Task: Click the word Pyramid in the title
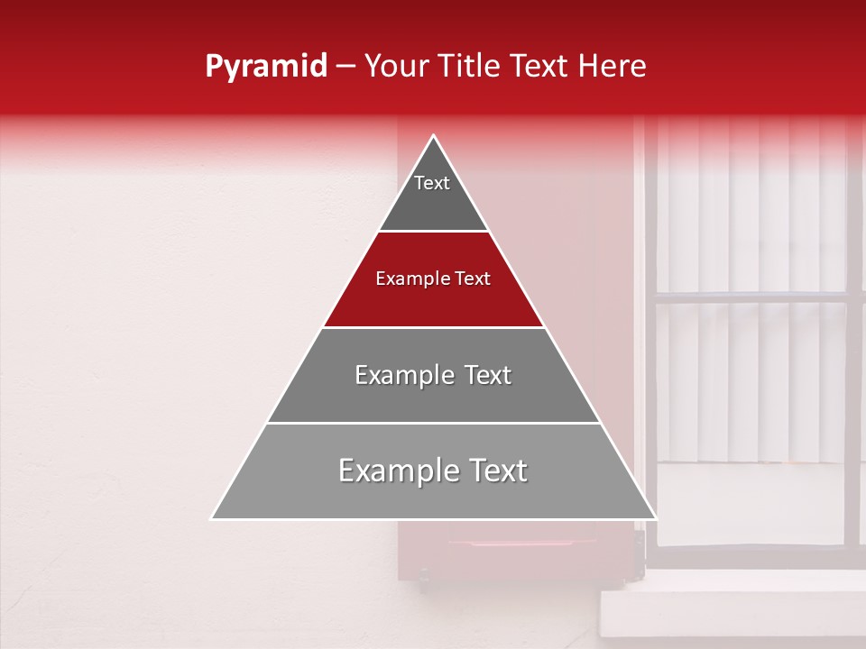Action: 265,67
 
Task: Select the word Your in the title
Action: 394,67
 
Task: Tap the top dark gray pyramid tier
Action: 433,203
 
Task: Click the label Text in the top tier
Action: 432,183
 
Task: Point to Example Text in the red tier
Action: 433,279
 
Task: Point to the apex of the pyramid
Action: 434,137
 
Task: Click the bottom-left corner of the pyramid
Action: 213,518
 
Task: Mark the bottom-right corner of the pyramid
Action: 655,518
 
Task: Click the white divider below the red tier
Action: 433,327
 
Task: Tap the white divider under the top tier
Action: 433,232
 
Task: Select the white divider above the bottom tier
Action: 433,423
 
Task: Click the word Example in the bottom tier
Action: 385,471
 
